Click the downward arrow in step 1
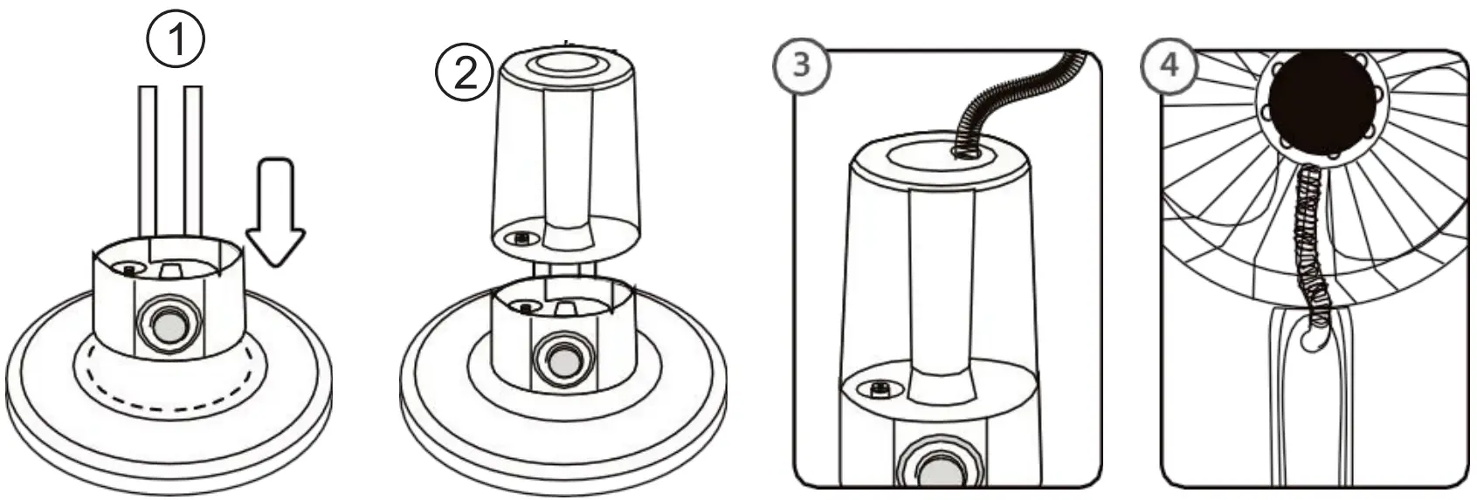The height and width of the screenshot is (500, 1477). (x=274, y=214)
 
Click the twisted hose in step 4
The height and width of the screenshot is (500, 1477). (x=1308, y=244)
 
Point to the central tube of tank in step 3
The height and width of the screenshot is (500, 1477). (x=940, y=288)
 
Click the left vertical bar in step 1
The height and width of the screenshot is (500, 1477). (x=147, y=161)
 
